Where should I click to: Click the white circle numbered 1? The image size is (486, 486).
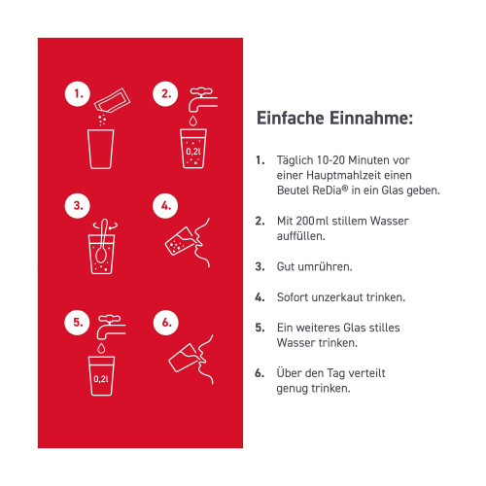[x=78, y=94]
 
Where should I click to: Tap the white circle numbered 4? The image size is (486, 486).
[x=165, y=206]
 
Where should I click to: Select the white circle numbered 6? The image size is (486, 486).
[x=166, y=323]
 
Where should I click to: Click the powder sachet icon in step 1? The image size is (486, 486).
[x=112, y=101]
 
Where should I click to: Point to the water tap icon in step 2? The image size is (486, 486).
[x=203, y=99]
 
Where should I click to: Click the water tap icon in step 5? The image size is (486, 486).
[x=111, y=328]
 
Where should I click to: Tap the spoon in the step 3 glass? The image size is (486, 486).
[x=102, y=240]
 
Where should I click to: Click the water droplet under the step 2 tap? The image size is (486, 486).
[x=193, y=121]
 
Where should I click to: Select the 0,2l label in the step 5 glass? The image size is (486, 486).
[x=101, y=379]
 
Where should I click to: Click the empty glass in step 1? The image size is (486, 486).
[x=101, y=149]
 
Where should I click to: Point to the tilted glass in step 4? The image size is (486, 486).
[x=180, y=241]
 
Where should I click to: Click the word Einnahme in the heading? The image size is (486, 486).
[x=371, y=118]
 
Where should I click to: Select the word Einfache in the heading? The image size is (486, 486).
[x=290, y=118]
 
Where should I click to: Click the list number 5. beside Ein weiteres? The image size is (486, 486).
[x=260, y=328]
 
